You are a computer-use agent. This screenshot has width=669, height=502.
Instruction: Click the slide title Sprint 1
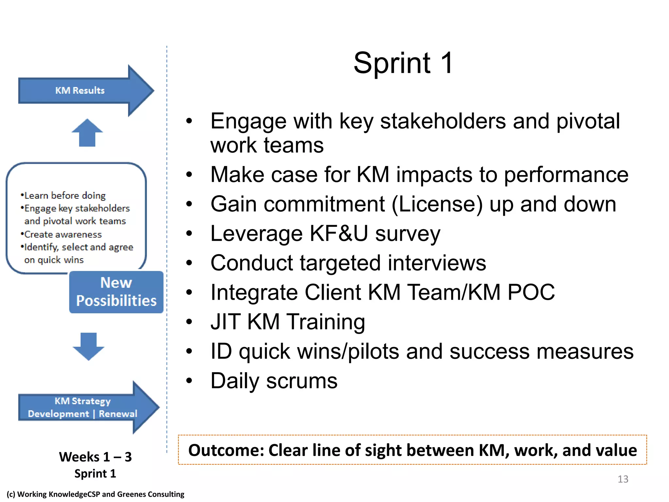coord(403,63)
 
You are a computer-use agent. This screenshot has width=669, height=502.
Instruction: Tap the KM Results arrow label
coord(80,91)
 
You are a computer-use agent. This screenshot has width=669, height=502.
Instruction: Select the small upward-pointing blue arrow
coord(87,132)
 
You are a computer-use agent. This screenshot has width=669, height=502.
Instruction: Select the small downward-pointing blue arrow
coord(88,346)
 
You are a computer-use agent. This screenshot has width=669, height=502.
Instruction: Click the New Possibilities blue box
coord(116,292)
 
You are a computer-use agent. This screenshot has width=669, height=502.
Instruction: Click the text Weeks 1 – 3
coord(95,457)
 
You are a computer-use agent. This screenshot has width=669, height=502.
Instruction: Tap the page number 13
coord(623,479)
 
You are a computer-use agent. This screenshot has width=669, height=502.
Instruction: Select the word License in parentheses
coord(437,204)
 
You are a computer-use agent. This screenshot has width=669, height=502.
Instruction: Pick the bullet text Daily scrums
coord(274,381)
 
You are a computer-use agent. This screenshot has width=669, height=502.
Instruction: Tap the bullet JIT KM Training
coord(287,322)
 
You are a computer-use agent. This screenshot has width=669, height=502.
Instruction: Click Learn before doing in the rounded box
coord(65,195)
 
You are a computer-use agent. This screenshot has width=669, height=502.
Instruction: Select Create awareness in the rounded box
coord(63,234)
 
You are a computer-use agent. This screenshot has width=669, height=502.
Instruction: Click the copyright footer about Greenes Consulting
coord(95,494)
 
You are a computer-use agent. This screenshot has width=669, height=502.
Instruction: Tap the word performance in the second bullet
coord(566,175)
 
